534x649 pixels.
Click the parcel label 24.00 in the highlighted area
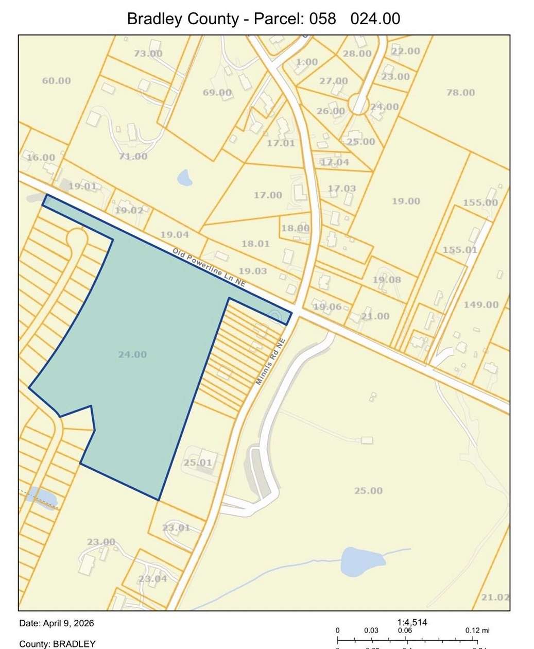132,354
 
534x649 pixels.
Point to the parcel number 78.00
460,93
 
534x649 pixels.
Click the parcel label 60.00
56,81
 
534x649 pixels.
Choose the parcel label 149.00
480,304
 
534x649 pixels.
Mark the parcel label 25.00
368,490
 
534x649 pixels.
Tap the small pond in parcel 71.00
184,178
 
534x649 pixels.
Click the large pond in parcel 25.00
362,561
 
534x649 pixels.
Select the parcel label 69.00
217,93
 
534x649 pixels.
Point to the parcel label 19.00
406,201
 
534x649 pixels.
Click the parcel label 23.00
100,541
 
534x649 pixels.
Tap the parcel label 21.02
495,597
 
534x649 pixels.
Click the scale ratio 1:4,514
412,622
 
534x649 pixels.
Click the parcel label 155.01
460,250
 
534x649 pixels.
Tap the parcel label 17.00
268,195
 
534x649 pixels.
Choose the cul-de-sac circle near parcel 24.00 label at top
358,105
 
